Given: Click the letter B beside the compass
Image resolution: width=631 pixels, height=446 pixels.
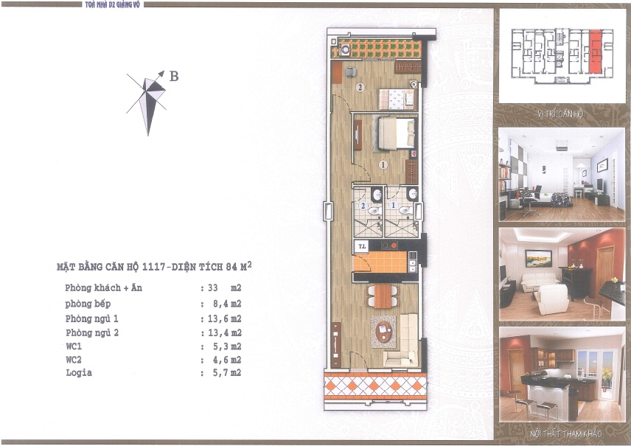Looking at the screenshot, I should coord(174,75).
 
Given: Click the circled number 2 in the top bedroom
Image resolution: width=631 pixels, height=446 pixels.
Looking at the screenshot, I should coord(360,87).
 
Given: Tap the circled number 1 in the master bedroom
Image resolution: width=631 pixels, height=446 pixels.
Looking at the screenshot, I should coord(383,164).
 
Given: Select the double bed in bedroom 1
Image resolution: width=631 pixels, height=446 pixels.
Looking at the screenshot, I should coord(397,133).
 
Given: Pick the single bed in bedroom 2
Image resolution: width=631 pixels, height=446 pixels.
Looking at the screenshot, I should coord(398,99).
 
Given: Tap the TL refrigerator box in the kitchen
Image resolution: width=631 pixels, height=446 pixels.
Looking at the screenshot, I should coord(361,246).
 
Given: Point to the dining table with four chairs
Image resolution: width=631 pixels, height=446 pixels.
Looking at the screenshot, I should coord(383,296).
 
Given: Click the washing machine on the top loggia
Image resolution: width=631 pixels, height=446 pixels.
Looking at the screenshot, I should coord(344,51).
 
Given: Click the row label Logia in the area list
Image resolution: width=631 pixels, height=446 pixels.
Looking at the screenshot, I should coord(78,373).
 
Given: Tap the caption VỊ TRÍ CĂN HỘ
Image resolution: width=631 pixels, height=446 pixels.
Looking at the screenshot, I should coord(560,114).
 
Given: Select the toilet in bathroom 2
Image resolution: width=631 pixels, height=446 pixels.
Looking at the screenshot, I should coord(374,210).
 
